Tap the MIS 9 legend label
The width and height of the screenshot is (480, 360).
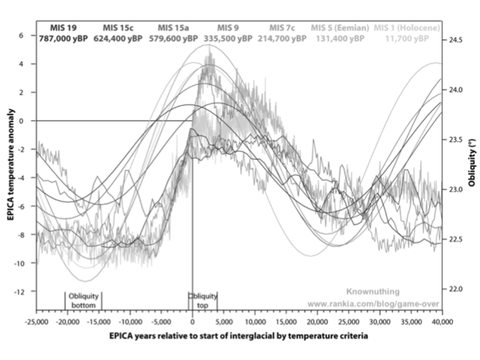[228, 27]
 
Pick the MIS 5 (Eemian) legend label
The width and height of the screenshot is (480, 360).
[340, 27]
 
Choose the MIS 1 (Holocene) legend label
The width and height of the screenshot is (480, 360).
[407, 27]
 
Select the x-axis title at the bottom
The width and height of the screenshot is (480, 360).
[239, 337]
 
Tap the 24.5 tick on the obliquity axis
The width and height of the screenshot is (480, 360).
[456, 41]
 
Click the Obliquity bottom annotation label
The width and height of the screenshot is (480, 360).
[84, 301]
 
